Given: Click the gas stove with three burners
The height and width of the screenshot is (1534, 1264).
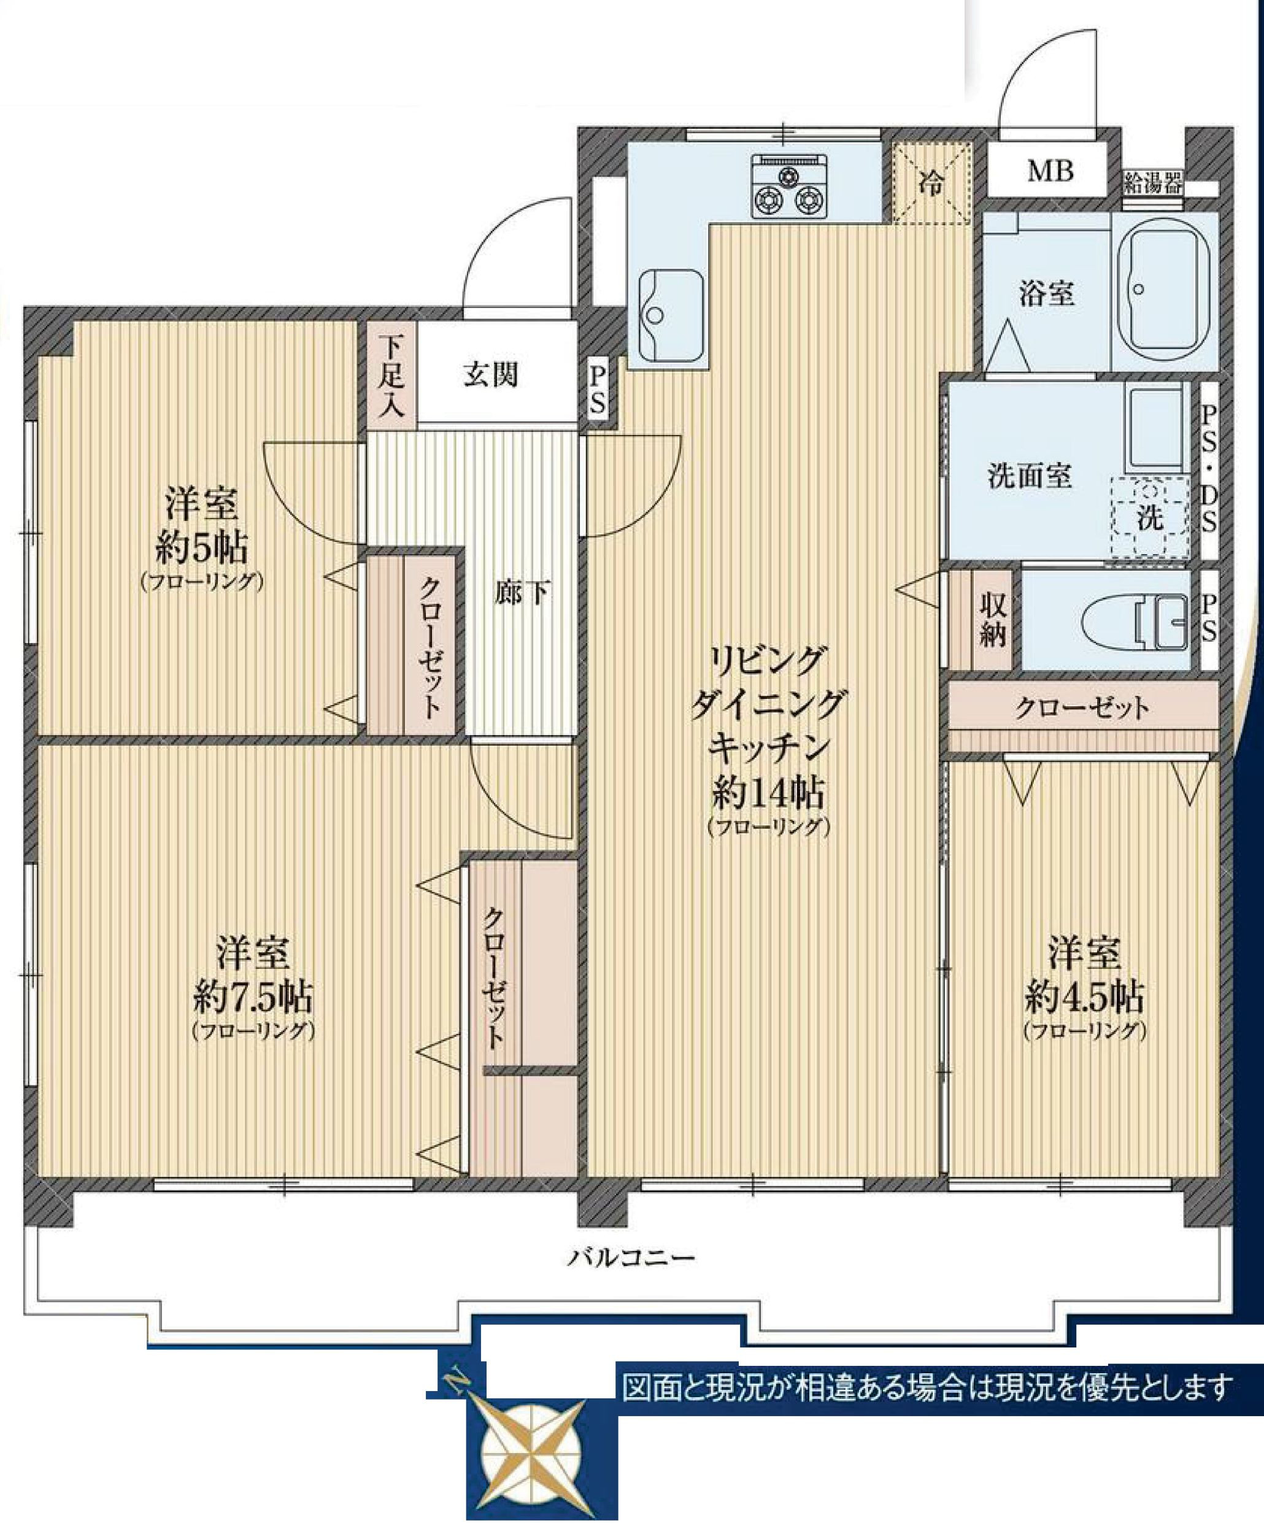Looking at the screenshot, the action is coord(790,186).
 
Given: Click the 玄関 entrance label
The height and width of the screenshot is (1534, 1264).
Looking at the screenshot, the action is coord(491,375).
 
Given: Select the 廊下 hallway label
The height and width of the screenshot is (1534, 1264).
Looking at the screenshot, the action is coord(522,593).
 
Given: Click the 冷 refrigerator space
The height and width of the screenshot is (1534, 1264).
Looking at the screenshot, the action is coord(932,182).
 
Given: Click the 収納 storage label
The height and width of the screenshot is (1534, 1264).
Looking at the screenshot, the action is coord(992,620).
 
